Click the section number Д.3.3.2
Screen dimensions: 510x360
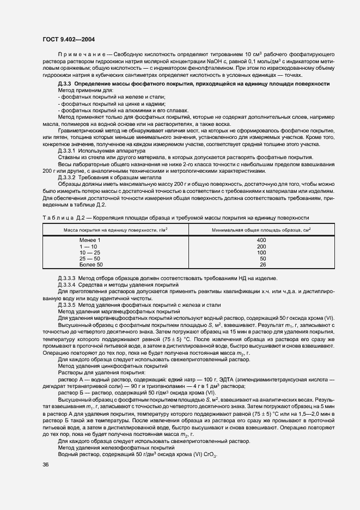point(68,177)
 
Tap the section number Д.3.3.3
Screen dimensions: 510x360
point(68,278)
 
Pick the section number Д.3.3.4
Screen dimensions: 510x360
point(68,284)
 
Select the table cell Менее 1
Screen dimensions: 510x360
point(90,240)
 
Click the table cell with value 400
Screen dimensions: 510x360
point(261,240)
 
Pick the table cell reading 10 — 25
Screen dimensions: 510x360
point(90,252)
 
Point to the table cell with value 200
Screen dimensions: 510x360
point(261,246)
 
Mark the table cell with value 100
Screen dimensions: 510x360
point(261,252)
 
